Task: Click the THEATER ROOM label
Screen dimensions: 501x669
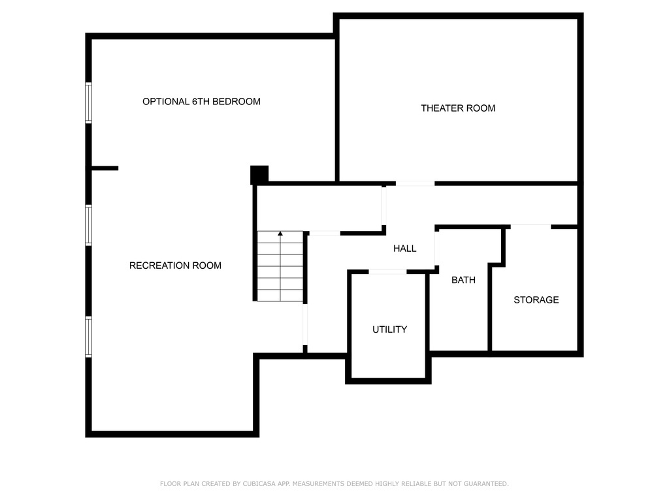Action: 458,108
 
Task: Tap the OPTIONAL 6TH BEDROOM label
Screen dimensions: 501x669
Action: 201,102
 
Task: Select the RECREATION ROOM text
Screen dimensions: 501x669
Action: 175,266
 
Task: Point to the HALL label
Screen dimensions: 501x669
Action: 404,249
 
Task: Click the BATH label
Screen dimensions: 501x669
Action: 463,281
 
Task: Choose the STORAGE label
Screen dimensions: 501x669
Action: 536,300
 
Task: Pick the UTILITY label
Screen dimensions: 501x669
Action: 389,329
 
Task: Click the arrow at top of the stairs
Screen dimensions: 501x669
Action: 280,234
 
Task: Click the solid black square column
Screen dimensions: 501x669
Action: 259,175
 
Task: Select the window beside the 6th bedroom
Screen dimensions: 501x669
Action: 88,103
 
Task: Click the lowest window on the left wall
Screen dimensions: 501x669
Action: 88,337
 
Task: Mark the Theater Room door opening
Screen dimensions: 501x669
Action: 415,183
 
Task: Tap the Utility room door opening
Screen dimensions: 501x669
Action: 387,271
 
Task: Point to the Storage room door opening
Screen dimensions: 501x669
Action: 530,226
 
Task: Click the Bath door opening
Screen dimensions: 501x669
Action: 436,247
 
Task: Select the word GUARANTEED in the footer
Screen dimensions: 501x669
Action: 484,484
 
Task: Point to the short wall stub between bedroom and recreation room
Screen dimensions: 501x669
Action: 105,168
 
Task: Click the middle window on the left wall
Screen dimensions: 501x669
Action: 88,226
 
